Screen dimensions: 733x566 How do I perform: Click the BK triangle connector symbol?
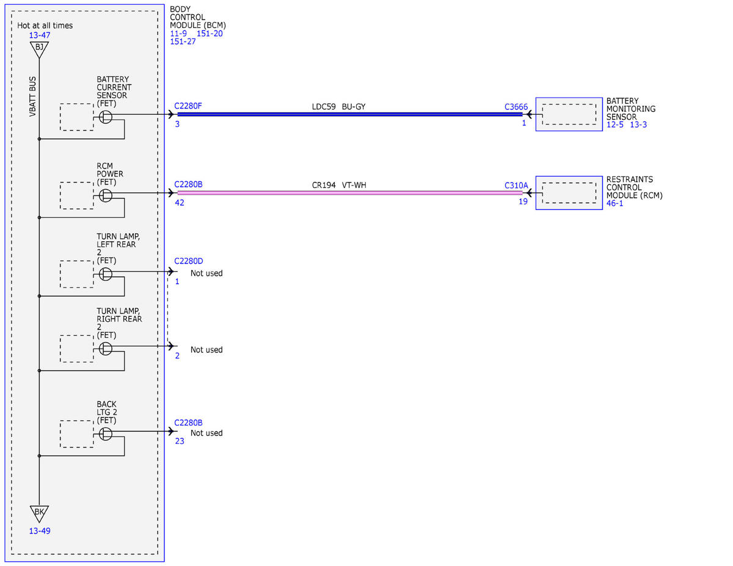pos(39,513)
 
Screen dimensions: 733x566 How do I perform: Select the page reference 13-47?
pos(40,35)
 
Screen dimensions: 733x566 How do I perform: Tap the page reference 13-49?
pos(40,531)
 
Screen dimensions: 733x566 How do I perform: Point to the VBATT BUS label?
pos(32,96)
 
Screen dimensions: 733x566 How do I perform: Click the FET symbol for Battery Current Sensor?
pos(106,117)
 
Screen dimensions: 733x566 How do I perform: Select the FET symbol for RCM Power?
pos(106,195)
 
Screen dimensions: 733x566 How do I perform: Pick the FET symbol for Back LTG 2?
pos(106,434)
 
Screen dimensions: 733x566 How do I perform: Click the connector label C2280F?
pos(188,106)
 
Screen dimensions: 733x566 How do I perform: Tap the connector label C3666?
pos(516,107)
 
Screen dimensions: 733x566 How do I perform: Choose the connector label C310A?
pos(516,186)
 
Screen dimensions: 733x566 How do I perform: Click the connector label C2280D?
pos(189,261)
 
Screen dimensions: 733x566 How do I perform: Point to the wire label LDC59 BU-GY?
pos(338,106)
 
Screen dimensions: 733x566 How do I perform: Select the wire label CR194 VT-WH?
pos(339,185)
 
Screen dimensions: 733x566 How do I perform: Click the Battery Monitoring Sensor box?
pos(569,114)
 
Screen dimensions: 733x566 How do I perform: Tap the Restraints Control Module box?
pos(569,193)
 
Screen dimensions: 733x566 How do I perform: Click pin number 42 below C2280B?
pos(180,203)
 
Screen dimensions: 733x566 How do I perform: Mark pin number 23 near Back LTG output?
pos(180,441)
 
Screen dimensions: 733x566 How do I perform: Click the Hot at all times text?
pos(45,25)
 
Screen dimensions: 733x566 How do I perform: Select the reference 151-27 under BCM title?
pos(183,42)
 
